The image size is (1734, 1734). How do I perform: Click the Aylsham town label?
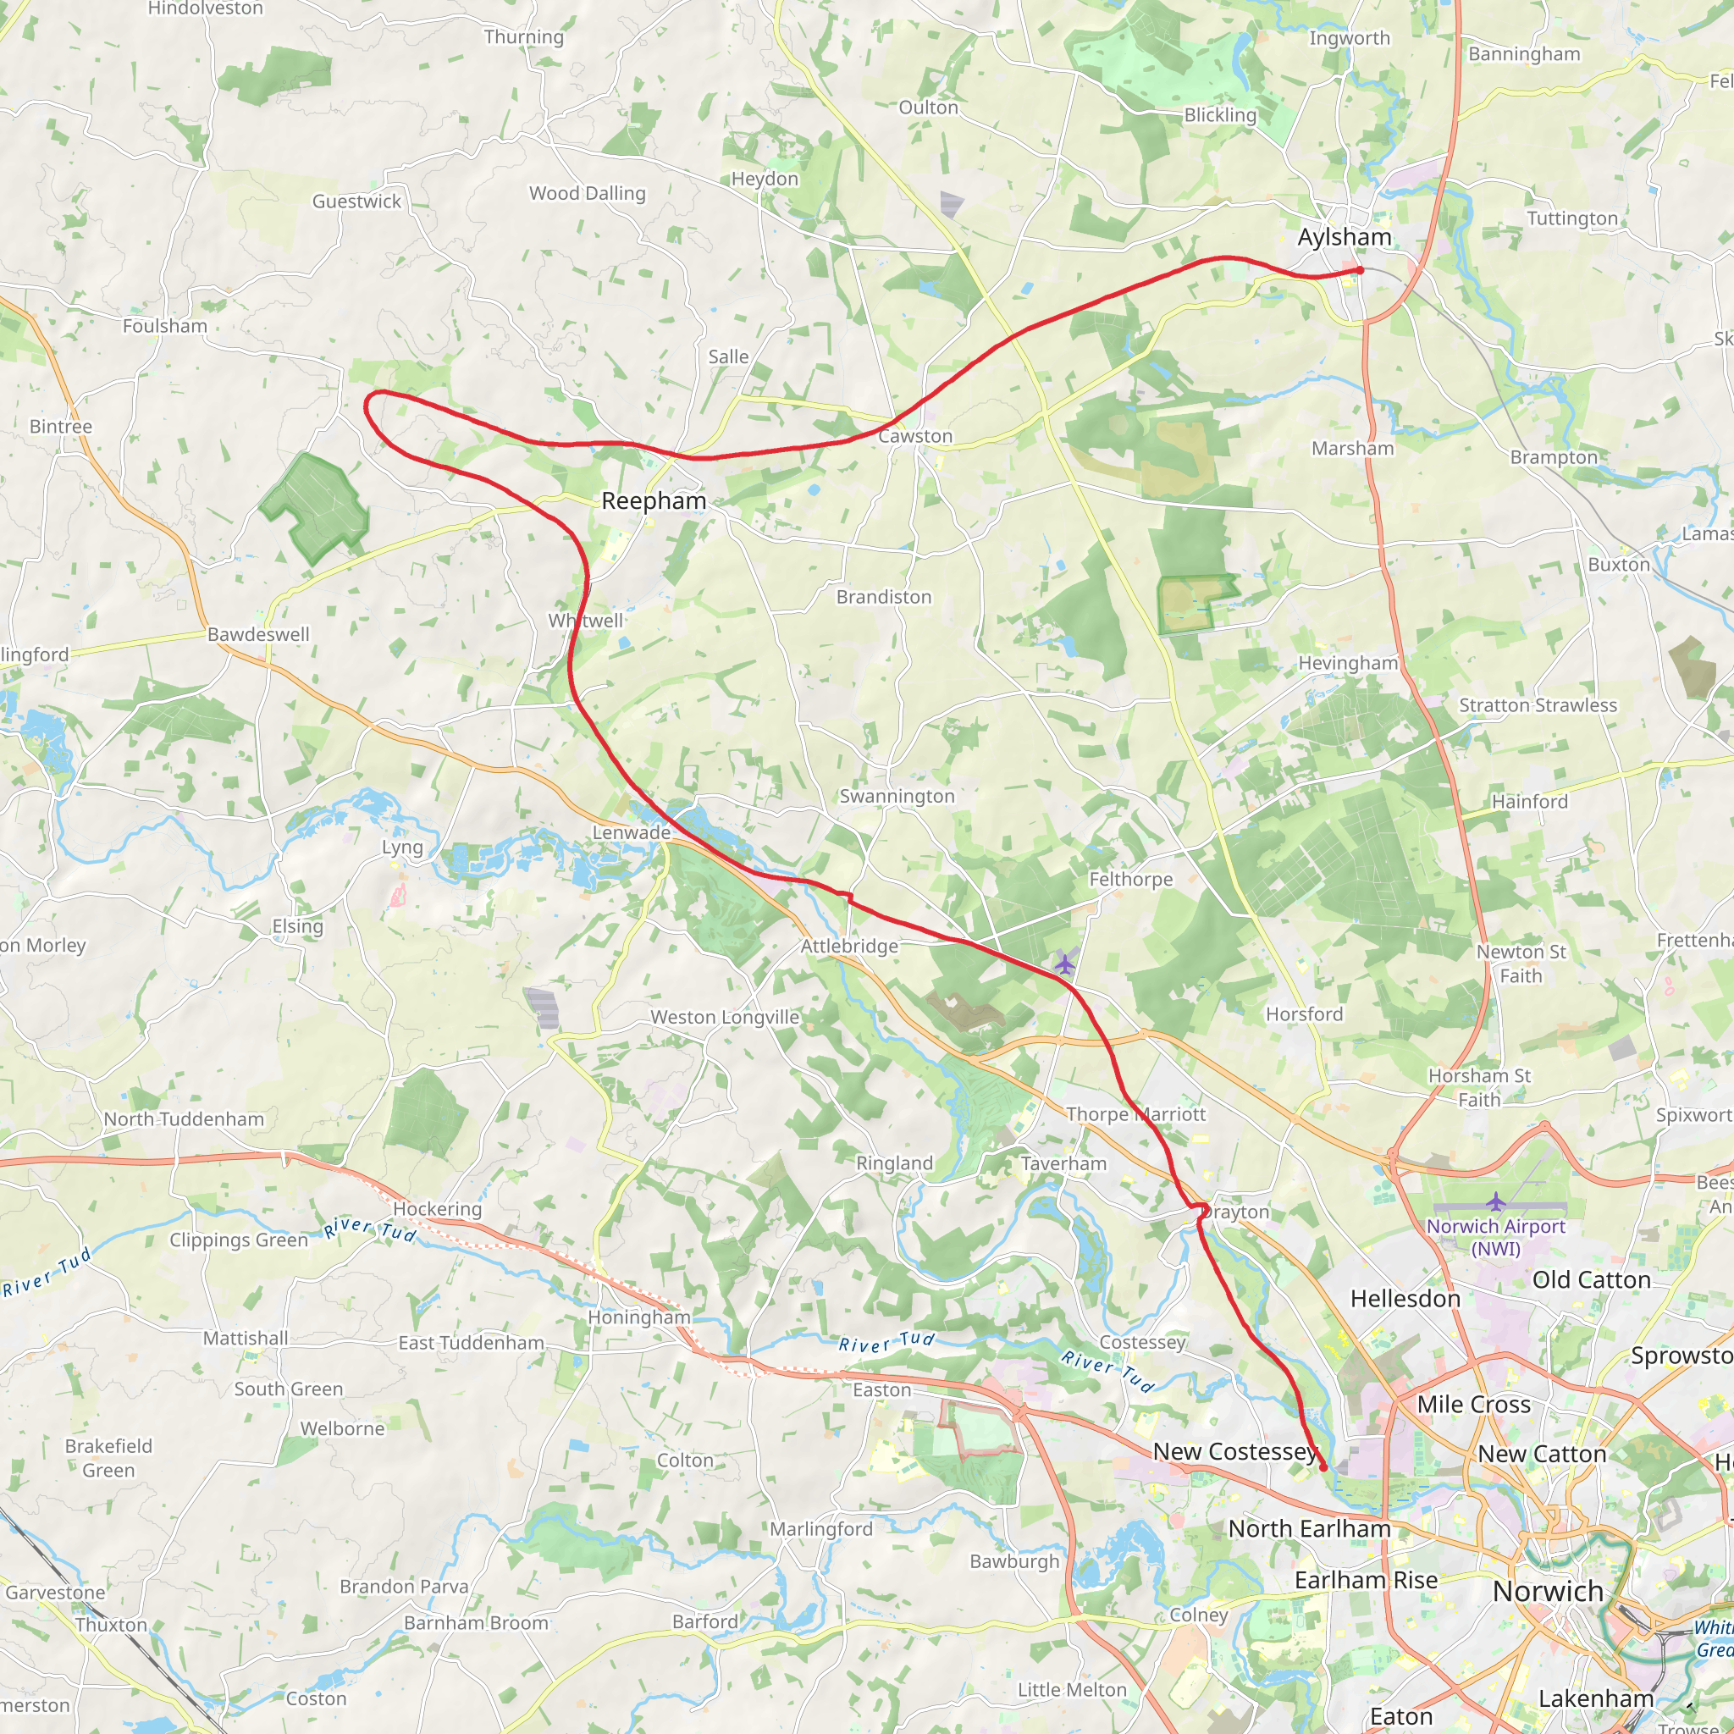1344,237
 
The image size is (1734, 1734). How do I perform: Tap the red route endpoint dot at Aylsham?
1360,270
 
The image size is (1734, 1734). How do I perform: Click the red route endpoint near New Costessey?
1323,1466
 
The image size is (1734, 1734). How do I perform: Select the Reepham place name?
654,501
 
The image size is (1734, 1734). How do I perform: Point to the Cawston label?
914,436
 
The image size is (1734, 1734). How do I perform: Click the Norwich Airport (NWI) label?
1495,1237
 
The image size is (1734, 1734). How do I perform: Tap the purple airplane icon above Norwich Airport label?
1495,1201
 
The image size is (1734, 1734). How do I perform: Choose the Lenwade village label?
631,833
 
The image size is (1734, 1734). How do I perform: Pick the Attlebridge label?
849,946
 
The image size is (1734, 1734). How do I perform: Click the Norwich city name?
1548,1591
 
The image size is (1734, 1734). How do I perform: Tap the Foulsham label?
165,326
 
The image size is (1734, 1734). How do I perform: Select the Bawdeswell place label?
258,634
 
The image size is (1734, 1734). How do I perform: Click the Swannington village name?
897,796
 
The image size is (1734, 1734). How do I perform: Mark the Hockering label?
437,1209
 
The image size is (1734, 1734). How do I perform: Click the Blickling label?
1220,115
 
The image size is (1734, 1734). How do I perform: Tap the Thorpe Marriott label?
1135,1114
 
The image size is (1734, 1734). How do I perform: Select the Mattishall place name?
245,1339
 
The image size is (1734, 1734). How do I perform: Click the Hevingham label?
1348,662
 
